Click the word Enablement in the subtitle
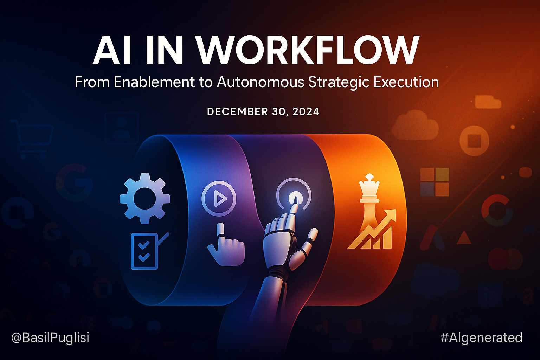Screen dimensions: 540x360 154,82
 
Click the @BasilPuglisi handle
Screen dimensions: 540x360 50,337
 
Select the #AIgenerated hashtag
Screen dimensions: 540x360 481,338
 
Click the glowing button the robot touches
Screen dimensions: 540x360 294,198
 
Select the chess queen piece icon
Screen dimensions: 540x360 369,200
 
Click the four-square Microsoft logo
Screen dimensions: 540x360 435,182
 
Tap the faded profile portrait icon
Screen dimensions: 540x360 122,128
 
